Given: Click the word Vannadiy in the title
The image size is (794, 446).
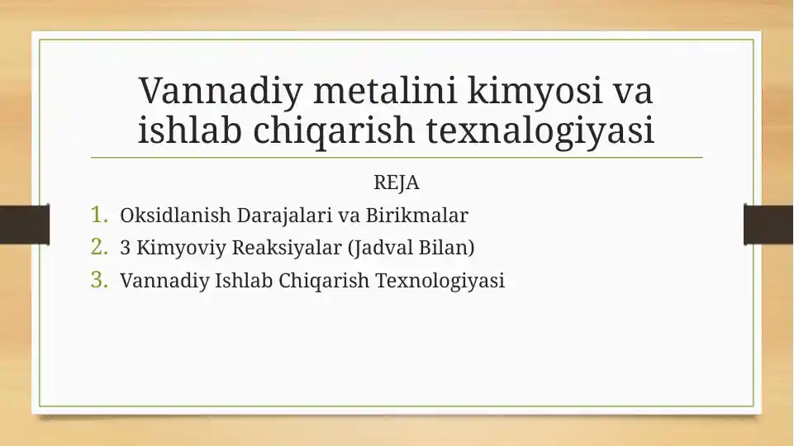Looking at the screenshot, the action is pyautogui.click(x=221, y=91).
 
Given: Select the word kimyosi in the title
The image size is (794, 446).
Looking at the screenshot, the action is pyautogui.click(x=535, y=91).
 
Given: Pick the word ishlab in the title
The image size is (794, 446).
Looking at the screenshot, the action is pyautogui.click(x=190, y=130).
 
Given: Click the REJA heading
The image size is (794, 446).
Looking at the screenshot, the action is pyautogui.click(x=397, y=183).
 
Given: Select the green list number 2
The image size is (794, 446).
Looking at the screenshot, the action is pyautogui.click(x=100, y=247).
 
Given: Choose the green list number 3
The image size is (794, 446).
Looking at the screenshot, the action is pyautogui.click(x=100, y=280).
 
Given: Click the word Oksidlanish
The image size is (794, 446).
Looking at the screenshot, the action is pyautogui.click(x=175, y=215).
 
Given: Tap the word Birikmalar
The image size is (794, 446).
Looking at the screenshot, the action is pyautogui.click(x=416, y=215).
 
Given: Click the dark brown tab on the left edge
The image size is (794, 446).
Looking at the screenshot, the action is pyautogui.click(x=25, y=225).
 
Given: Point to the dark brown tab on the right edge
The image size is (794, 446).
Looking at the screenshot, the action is pyautogui.click(x=768, y=225).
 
